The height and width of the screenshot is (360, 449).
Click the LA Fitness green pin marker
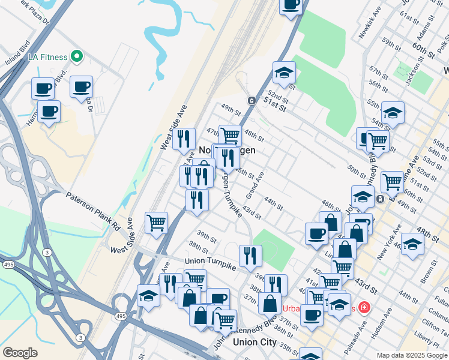[x=76, y=57]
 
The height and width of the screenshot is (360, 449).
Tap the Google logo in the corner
[x=20, y=353]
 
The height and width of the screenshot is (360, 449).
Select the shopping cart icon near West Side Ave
[x=157, y=223]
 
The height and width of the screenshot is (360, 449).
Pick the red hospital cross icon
[x=365, y=308]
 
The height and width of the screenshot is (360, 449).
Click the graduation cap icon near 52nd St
[x=284, y=73]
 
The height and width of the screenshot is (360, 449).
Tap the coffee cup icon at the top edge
[x=291, y=5]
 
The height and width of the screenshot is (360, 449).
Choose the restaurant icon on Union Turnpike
[x=250, y=255]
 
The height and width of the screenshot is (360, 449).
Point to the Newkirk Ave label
[x=370, y=24]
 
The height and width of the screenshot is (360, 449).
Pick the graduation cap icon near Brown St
[x=412, y=244]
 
